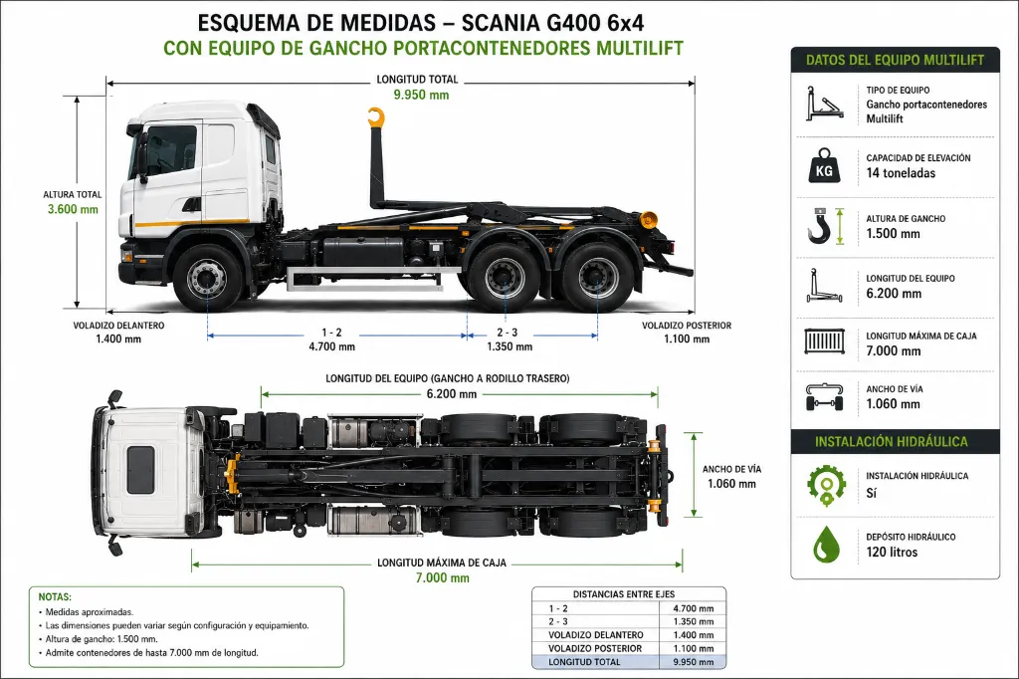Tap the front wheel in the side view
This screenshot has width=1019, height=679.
click(208, 279)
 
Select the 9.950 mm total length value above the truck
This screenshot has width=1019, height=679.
click(421, 95)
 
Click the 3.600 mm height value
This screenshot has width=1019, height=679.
click(73, 209)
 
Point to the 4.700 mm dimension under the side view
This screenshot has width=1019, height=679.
click(331, 346)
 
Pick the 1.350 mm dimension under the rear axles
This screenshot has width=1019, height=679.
click(509, 346)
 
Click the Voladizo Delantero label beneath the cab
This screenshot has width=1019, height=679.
click(118, 326)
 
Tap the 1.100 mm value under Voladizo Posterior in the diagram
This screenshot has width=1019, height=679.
click(687, 339)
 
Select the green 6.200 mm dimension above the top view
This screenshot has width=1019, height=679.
click(452, 394)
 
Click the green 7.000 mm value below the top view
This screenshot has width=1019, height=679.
click(443, 578)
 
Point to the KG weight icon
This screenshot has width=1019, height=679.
click(823, 166)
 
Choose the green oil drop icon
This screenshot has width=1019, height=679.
click(826, 545)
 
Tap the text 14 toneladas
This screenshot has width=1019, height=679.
click(901, 173)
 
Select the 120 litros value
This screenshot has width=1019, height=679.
click(892, 553)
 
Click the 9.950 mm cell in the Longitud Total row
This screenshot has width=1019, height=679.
click(694, 662)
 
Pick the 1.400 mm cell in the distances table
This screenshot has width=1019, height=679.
click(694, 635)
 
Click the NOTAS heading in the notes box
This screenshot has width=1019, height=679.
click(55, 597)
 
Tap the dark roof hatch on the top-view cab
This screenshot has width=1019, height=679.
click(140, 470)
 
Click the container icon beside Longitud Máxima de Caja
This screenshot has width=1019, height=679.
click(824, 341)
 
